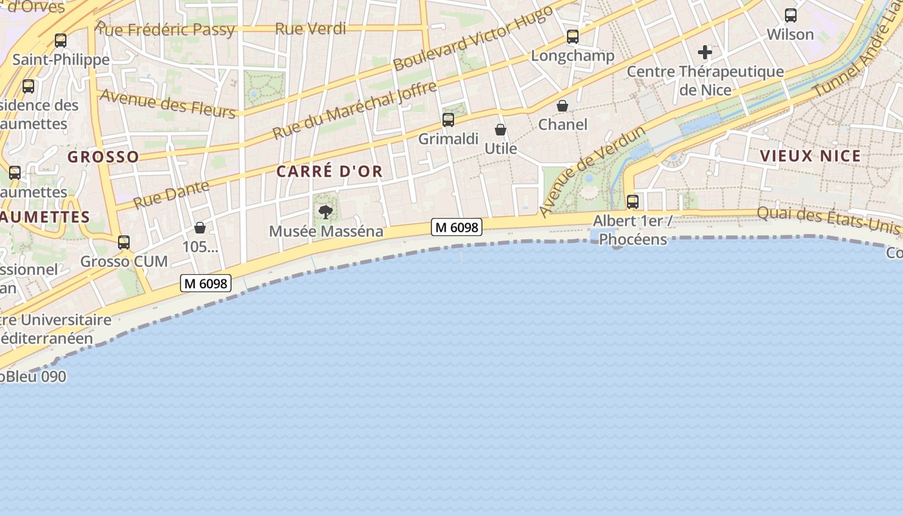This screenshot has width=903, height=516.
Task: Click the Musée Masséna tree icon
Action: click(326, 212)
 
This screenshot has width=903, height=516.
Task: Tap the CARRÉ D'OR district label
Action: click(330, 172)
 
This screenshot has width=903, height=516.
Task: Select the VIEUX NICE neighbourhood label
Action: click(810, 156)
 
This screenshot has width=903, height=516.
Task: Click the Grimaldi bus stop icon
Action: click(448, 119)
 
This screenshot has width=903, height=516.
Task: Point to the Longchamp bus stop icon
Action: click(573, 37)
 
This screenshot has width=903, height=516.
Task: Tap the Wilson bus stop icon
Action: click(790, 15)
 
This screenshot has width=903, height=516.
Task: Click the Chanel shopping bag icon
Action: click(562, 106)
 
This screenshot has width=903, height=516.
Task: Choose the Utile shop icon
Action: click(501, 130)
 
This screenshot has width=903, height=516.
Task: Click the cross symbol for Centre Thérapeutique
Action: click(705, 52)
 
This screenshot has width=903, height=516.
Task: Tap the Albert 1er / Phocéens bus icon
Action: click(633, 201)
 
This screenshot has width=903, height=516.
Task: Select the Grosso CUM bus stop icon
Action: click(124, 243)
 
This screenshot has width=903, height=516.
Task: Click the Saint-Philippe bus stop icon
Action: click(61, 41)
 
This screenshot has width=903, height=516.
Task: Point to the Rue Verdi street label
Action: click(310, 29)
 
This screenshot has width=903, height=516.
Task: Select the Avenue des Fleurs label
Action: click(167, 103)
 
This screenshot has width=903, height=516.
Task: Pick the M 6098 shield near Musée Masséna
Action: click(457, 227)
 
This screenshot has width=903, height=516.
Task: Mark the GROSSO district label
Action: click(103, 157)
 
